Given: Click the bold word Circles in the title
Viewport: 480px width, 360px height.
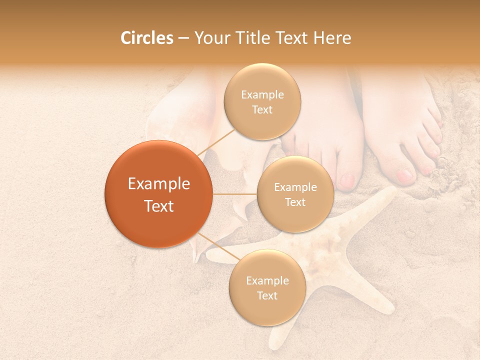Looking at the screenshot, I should point(146,38).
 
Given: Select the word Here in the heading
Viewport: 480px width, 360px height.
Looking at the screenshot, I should point(332,38).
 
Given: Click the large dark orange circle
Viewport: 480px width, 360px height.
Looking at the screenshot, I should point(158,194).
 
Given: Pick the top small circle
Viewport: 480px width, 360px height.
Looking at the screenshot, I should point(262,101).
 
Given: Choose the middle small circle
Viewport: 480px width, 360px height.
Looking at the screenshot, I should point(295,194).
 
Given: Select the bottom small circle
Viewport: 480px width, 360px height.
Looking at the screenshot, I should point(267,287).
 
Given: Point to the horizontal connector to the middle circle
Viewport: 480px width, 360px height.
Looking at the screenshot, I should point(235,194).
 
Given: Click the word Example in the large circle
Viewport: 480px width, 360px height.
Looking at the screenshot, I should point(159,184).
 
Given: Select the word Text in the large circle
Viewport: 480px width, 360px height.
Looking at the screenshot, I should point(159,205).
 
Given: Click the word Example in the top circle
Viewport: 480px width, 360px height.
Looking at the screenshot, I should point(262,95).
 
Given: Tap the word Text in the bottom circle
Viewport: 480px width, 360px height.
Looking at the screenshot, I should point(267,295).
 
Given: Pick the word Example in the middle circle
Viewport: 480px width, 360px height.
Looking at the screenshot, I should point(295,187).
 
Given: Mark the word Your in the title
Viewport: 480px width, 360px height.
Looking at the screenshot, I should point(211,38).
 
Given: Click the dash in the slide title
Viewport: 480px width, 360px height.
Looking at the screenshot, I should point(183,38).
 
